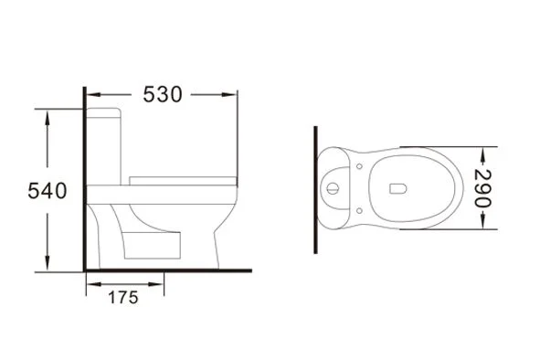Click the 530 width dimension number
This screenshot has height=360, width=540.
coord(163,94)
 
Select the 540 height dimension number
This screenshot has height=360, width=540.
coord(48,191)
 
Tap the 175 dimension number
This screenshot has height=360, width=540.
coord(123,298)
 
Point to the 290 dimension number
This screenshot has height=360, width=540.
coord(482,188)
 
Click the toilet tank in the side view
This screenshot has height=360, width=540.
coord(103,146)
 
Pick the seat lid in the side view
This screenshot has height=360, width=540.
coord(183,181)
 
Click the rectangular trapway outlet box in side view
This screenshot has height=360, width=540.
coord(152,245)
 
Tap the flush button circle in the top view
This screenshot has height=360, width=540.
coord(333,188)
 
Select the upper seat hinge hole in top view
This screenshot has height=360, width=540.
coord(359,166)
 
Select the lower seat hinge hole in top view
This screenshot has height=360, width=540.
coord(359,210)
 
